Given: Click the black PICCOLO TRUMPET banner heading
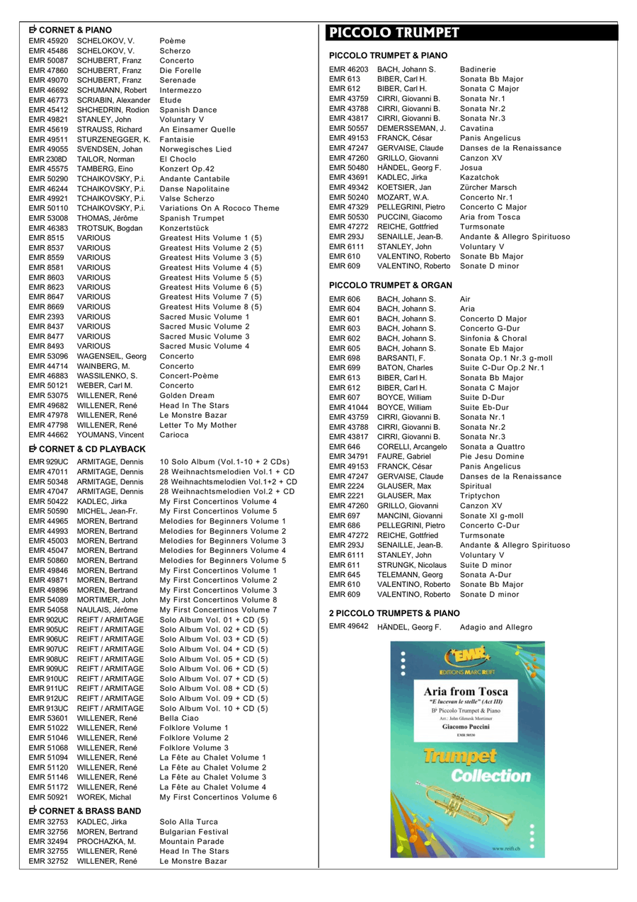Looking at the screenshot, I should point(394,33).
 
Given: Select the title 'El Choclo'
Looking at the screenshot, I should point(178,159).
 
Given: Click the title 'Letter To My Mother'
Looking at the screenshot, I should point(198,426).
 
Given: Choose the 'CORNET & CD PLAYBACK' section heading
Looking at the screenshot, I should point(87,449).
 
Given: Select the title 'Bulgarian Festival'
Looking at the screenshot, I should point(194,832).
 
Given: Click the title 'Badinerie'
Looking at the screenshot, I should point(478,69).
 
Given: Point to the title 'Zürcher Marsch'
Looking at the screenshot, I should point(488,188).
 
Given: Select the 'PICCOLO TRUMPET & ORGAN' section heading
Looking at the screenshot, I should point(390,285).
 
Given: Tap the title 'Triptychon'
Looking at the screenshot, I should point(479,496).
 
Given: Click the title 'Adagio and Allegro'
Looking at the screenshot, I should point(495,627).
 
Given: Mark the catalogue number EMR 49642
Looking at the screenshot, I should point(349,627).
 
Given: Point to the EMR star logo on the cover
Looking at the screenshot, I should point(467,658).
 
